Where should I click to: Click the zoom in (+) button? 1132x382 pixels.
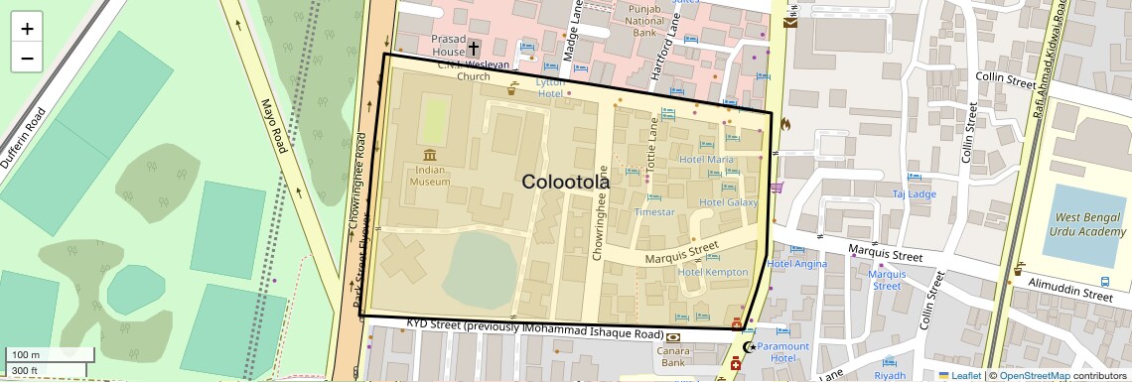pos(27,28)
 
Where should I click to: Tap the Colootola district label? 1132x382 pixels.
pos(566,182)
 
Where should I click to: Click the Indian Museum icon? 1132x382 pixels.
pos(430,156)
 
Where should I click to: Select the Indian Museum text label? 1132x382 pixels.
pos(430,175)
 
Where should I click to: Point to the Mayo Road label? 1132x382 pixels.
pos(273,125)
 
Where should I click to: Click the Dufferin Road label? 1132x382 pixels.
pos(23,139)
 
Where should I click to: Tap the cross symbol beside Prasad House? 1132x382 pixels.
pos(474,48)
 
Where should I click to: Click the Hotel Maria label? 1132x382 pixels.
pos(706,160)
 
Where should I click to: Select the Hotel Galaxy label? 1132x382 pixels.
pos(728,202)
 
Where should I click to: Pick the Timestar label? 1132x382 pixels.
pos(654,212)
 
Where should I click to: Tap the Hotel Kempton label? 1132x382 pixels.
pos(712,272)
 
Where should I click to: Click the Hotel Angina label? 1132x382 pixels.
pos(796,264)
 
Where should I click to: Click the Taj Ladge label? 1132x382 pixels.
pos(914,194)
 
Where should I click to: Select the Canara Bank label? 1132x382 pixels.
pos(674,356)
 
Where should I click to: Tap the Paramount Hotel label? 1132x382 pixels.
pos(782,352)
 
